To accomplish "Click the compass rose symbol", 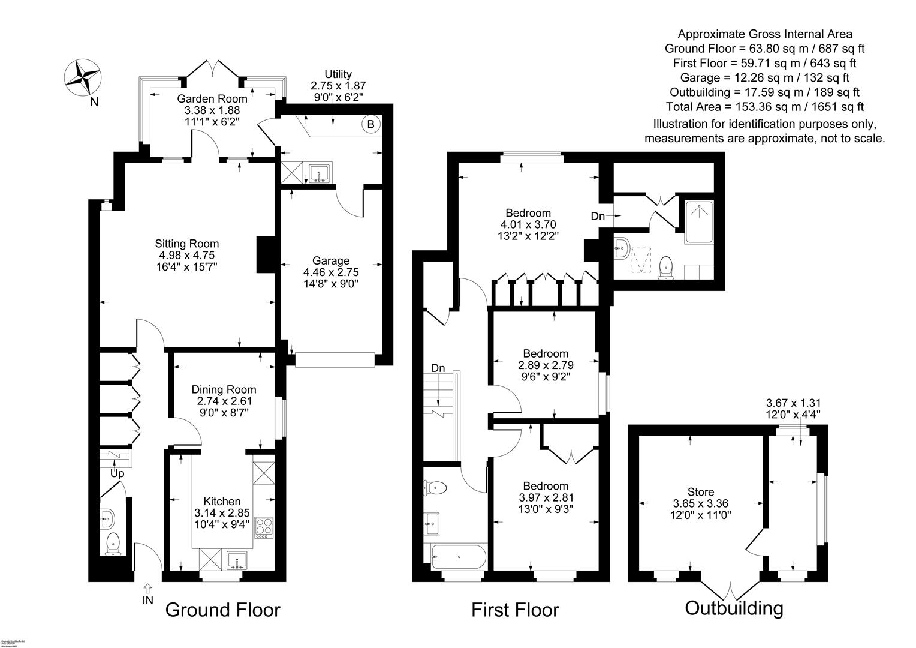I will (x=82, y=77).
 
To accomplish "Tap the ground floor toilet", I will (x=113, y=545).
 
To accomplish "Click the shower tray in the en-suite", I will (x=699, y=222).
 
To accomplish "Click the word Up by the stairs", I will (x=117, y=474).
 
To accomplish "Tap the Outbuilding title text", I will (x=734, y=608).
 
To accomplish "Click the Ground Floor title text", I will (x=222, y=610).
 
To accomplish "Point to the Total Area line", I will (x=764, y=107).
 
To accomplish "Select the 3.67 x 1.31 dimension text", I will (x=793, y=403).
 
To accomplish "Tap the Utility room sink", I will (x=319, y=172).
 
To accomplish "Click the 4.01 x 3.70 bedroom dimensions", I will (x=528, y=224).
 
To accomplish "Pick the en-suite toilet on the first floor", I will (x=665, y=267).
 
